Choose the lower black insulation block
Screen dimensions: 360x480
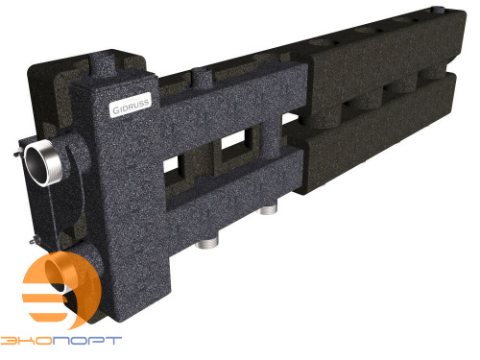tap(384, 134)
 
